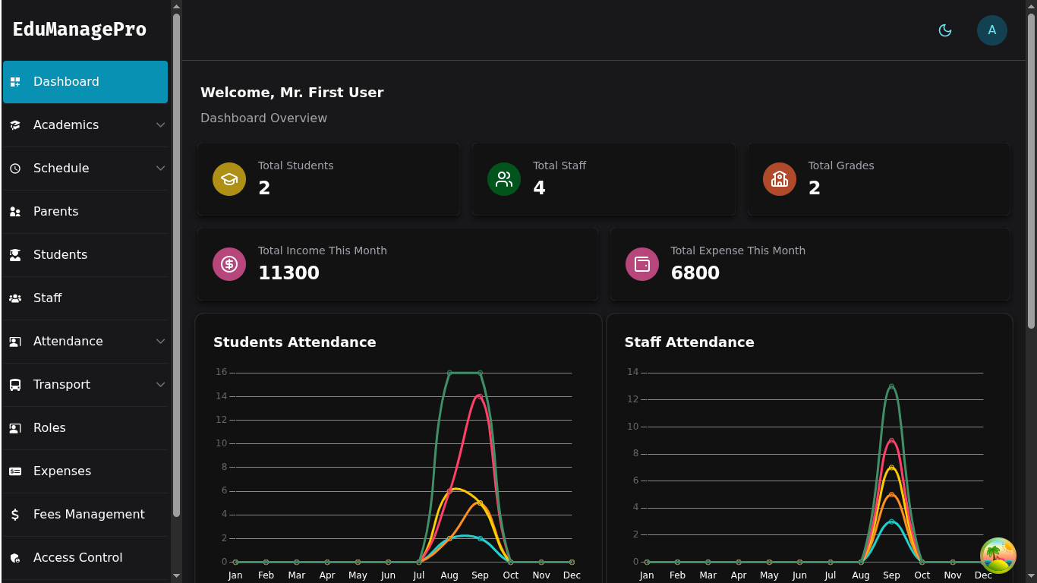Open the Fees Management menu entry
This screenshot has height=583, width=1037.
tap(89, 515)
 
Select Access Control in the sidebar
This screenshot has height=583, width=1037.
tap(77, 558)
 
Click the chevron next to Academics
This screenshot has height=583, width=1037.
tap(160, 125)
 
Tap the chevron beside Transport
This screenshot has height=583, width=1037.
tap(160, 385)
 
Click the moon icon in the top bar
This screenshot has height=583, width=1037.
tap(945, 30)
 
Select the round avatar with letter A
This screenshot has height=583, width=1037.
tap(991, 30)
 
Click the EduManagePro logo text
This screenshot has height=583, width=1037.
tap(80, 30)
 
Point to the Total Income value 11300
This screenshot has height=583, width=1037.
tap(288, 273)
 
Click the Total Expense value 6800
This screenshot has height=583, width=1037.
tap(695, 273)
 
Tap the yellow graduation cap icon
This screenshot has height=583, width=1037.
tap(229, 179)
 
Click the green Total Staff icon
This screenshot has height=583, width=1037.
tap(504, 179)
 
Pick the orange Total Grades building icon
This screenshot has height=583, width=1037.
tap(780, 179)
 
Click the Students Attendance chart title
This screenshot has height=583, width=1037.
tap(295, 342)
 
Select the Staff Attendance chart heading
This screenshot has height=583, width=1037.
tap(689, 342)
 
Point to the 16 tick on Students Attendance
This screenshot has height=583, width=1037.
tap(222, 372)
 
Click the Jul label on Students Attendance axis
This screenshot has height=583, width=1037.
tap(418, 575)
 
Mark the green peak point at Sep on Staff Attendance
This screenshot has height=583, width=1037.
tap(891, 386)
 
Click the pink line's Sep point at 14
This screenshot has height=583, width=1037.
tap(480, 396)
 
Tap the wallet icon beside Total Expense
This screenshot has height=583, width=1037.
tap(642, 264)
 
